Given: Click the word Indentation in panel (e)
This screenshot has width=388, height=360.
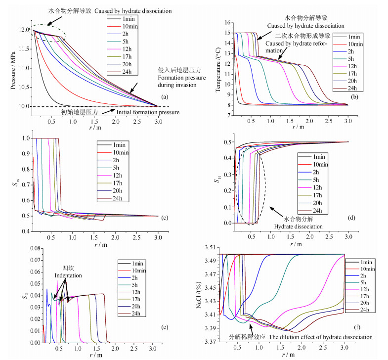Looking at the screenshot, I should tap(68, 275).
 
